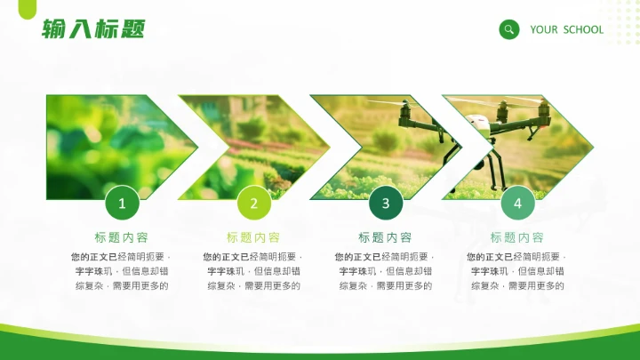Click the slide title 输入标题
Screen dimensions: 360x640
click(92, 29)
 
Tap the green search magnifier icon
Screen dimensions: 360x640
click(509, 29)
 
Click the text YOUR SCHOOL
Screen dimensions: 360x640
click(566, 29)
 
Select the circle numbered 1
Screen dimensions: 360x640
click(123, 204)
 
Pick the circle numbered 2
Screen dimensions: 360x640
click(254, 204)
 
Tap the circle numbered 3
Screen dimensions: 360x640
click(386, 204)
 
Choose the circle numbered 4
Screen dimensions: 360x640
click(517, 204)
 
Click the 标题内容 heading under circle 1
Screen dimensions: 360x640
click(122, 237)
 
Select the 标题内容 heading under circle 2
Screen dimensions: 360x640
click(253, 237)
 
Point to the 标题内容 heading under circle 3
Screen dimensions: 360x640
click(385, 237)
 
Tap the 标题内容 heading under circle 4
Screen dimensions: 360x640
click(517, 237)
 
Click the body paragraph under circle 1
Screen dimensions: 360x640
click(122, 271)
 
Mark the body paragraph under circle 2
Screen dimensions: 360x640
click(253, 271)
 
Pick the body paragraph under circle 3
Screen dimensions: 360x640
click(385, 271)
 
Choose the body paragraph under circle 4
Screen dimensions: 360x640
click(517, 271)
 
